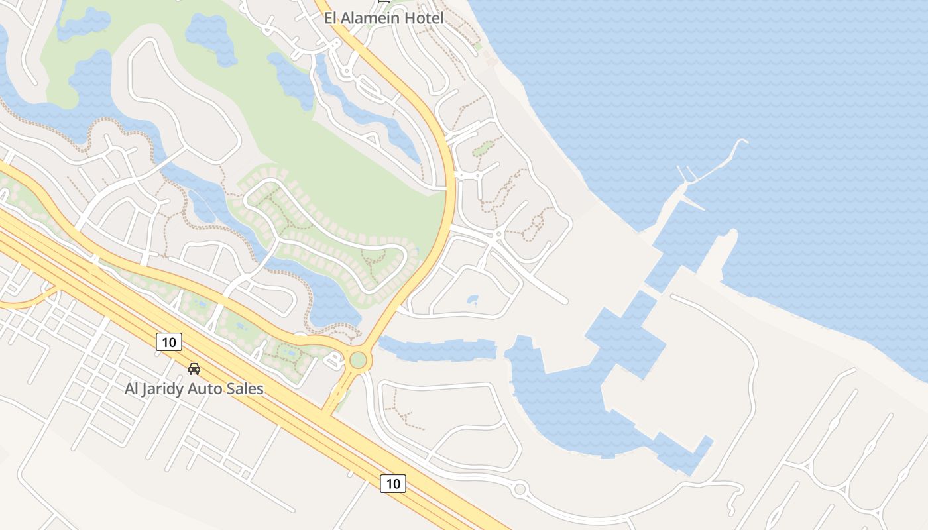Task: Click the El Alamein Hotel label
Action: (384, 18)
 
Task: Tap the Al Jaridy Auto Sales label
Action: (194, 389)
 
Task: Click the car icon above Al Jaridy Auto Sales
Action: (194, 368)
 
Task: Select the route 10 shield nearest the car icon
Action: (169, 342)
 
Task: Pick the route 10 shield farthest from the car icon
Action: (393, 484)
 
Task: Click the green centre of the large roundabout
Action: (358, 360)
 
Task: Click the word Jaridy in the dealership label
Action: (164, 389)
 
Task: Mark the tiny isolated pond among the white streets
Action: (472, 299)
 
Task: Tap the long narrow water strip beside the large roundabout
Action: (437, 348)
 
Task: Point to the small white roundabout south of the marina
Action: (520, 490)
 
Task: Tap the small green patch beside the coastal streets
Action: (483, 148)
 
